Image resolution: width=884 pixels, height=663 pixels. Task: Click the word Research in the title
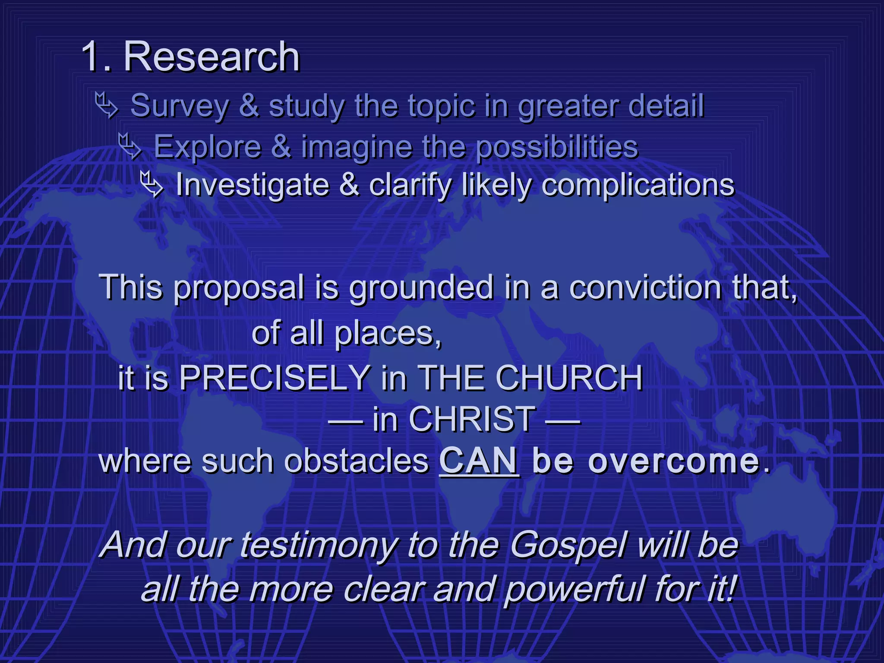(212, 57)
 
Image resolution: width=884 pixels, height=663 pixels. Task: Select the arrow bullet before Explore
(130, 145)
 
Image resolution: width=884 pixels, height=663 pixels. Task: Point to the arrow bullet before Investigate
(152, 184)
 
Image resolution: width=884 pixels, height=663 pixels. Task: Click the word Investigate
(252, 186)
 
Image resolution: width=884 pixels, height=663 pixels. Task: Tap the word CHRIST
(472, 419)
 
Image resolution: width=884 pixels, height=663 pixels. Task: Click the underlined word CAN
(479, 461)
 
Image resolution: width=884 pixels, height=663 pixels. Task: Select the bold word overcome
(673, 461)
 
